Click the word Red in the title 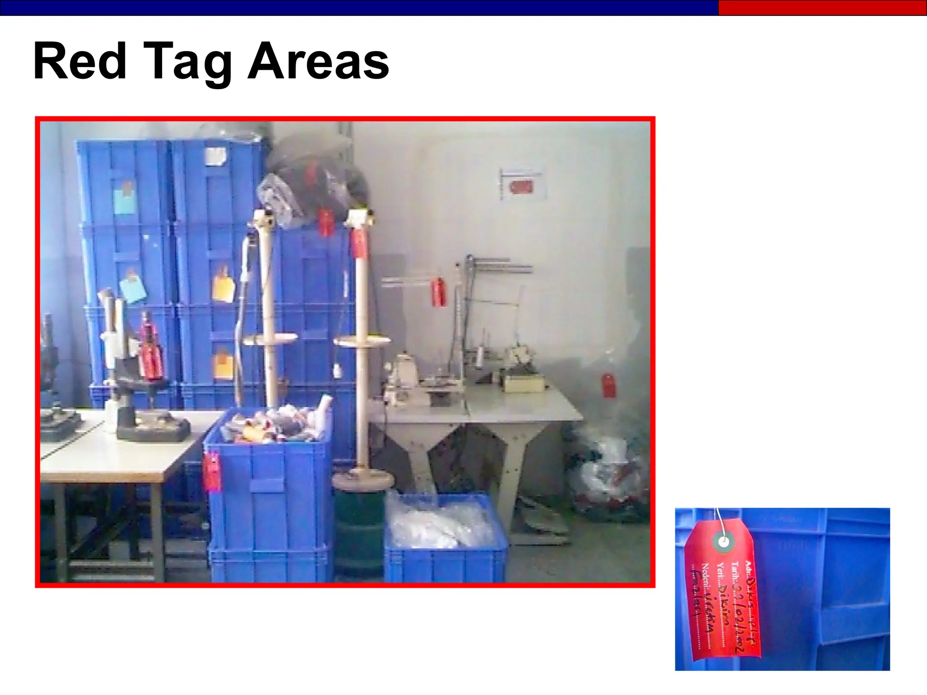point(80,61)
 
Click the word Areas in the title point(318,62)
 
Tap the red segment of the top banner point(822,8)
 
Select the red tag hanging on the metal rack point(438,293)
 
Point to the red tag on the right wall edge point(608,385)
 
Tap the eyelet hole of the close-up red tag point(724,541)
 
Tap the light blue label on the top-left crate point(124,199)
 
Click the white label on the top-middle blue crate point(215,156)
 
